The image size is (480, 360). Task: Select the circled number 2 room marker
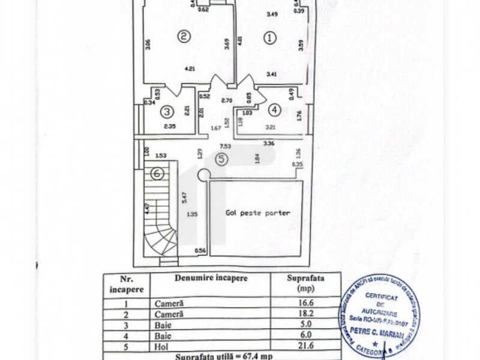[185, 37]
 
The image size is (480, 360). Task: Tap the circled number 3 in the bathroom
[167, 110]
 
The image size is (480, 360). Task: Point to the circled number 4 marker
[274, 110]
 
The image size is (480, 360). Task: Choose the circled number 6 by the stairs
[157, 174]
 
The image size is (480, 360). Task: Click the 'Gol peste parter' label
[258, 212]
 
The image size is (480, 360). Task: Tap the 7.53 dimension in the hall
[225, 146]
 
